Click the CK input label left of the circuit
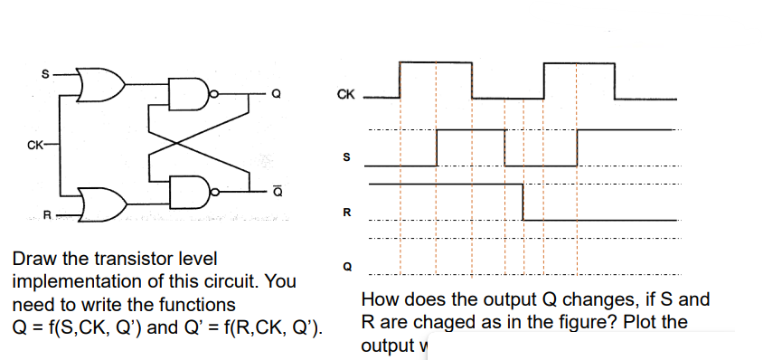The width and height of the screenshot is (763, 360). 35,142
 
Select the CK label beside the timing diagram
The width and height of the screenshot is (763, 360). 346,93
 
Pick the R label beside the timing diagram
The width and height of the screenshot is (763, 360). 345,213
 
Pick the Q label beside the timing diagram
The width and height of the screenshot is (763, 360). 344,266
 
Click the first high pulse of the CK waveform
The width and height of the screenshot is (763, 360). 435,62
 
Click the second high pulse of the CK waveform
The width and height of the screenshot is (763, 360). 560,62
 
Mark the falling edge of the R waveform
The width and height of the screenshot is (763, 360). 523,202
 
